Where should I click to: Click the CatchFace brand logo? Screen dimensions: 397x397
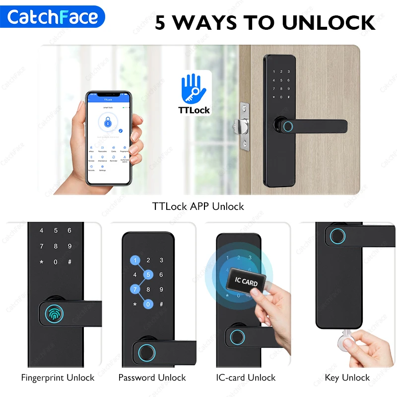[x=53, y=17]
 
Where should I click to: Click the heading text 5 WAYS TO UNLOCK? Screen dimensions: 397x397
[x=265, y=22]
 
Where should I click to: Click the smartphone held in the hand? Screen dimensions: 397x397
[x=110, y=138]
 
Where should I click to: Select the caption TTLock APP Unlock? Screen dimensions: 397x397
[x=198, y=206]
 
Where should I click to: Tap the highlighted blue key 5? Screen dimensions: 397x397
[x=147, y=274]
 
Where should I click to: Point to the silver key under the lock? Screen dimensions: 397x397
[x=342, y=342]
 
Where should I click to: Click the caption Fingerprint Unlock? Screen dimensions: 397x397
[x=58, y=378]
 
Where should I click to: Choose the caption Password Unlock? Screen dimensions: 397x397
[x=152, y=378]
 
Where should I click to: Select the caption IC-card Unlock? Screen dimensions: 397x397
[x=246, y=378]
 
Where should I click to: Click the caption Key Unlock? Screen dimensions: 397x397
[x=347, y=378]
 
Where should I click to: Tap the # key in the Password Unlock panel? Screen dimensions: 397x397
[x=161, y=304]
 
